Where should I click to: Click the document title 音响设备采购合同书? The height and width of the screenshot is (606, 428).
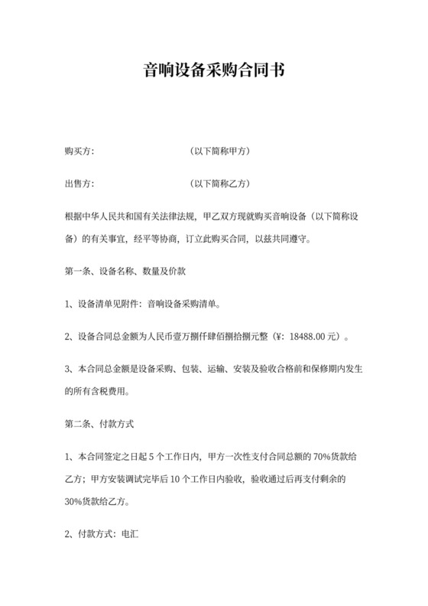[x=214, y=71]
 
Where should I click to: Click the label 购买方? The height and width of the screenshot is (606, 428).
[x=79, y=151]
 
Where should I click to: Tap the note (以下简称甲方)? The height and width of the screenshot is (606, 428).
[x=219, y=151]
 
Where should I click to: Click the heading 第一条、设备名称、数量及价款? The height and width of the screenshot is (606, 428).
[x=121, y=271]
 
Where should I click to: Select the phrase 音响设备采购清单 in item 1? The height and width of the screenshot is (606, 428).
[x=182, y=304]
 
